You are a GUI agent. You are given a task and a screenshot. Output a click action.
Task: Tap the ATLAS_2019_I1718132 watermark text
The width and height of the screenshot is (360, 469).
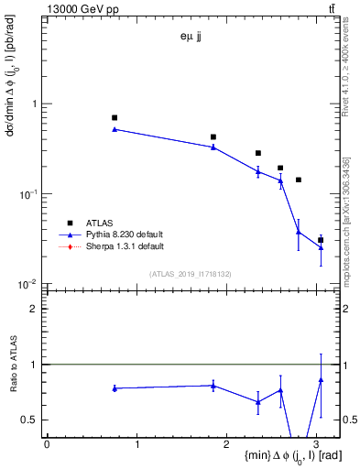[191, 273]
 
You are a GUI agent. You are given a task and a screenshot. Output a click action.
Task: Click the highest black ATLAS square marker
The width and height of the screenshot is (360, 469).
[115, 118]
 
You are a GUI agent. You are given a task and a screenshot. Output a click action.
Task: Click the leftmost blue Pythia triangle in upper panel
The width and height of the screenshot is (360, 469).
[115, 129]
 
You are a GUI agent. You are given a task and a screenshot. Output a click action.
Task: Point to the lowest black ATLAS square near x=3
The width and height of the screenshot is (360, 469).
[321, 240]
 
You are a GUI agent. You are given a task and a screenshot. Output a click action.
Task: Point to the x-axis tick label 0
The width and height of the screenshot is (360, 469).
[47, 443]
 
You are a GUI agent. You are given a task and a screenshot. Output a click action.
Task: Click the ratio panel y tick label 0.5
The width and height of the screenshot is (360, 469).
[32, 420]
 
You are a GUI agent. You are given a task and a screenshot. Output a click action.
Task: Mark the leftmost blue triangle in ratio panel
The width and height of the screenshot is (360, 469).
[115, 388]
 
